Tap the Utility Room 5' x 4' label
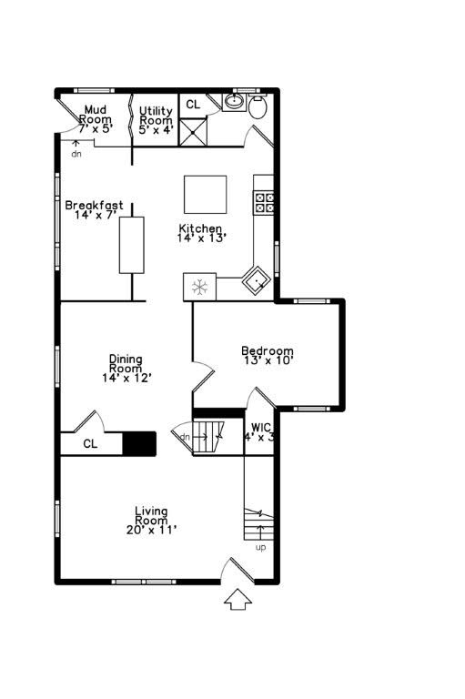156,119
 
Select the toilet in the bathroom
257,108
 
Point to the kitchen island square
205,194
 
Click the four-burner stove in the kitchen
264,202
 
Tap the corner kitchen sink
256,280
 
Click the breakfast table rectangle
132,245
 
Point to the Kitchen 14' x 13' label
201,232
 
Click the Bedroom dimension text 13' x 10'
267,361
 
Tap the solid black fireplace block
140,443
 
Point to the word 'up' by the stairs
261,547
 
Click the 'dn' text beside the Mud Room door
76,153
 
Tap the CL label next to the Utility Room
193,105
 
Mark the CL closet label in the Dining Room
90,444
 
